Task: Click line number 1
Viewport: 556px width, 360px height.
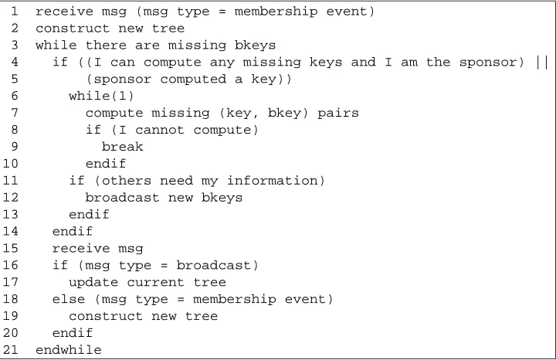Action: (x=14, y=12)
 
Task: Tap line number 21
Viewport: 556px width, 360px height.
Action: (x=10, y=350)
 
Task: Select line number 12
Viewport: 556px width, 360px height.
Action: (x=10, y=197)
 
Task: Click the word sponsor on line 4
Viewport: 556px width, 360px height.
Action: (x=491, y=63)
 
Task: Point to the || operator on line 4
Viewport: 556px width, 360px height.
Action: (x=542, y=63)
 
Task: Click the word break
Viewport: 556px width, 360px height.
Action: (x=122, y=147)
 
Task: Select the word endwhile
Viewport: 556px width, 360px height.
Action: (x=69, y=350)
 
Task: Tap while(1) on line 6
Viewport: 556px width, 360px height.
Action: (x=101, y=96)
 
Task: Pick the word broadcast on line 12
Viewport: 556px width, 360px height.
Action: (x=122, y=197)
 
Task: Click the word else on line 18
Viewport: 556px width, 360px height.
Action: (x=69, y=299)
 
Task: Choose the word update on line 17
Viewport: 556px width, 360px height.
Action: (x=93, y=283)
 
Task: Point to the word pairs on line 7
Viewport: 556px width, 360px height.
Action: (x=338, y=113)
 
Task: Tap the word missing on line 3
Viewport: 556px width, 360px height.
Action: (x=197, y=46)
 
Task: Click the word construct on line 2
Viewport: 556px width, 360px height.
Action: (x=73, y=29)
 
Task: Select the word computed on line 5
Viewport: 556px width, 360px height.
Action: (x=193, y=79)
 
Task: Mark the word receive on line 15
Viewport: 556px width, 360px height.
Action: (x=81, y=248)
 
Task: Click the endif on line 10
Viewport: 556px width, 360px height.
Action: (x=106, y=164)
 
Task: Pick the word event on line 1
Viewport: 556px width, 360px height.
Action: (x=347, y=12)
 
